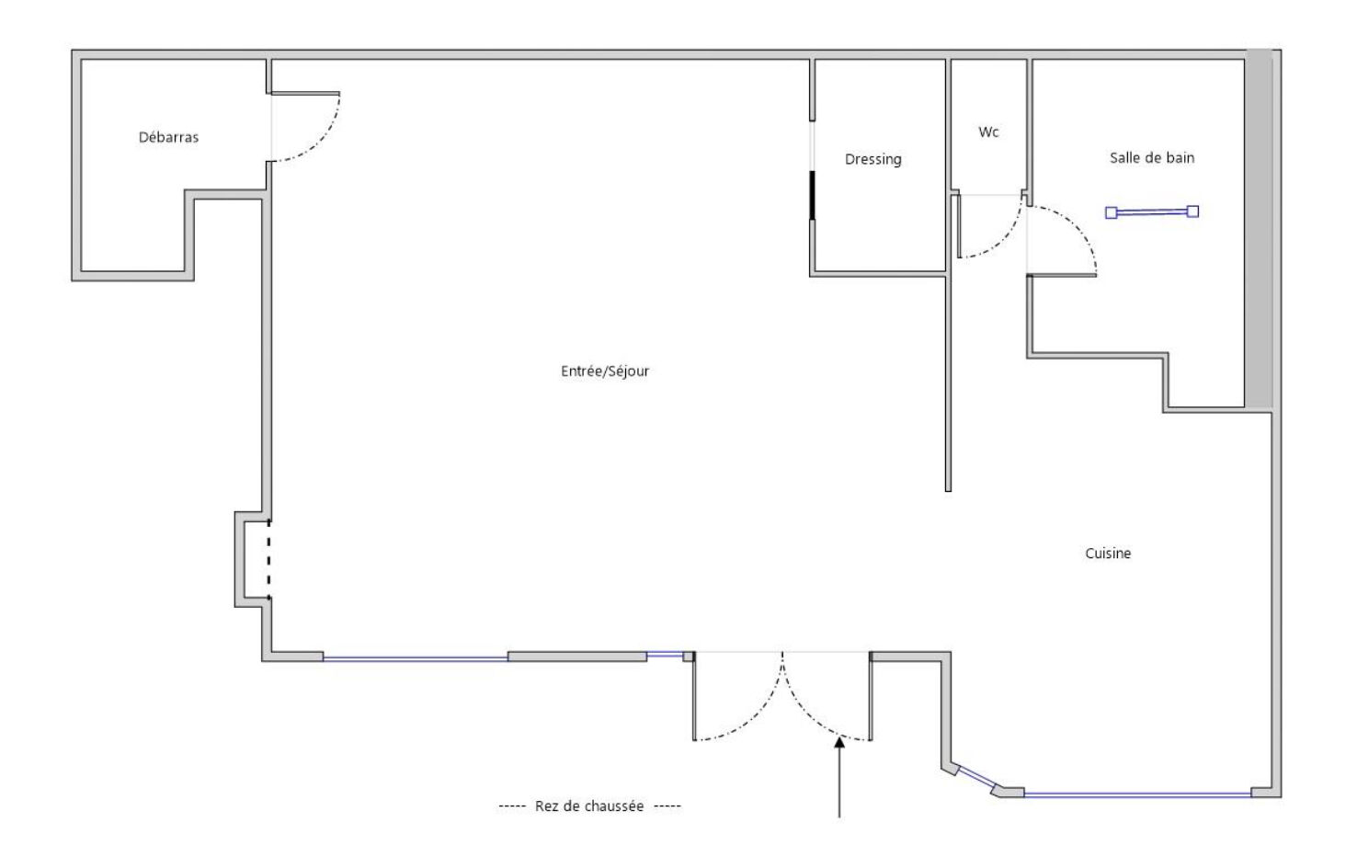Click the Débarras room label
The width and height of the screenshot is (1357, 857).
[x=168, y=138]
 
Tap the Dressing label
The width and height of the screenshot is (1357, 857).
[x=873, y=159]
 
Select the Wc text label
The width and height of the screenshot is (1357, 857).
[x=988, y=132]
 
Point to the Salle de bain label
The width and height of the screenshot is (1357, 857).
[x=1152, y=157]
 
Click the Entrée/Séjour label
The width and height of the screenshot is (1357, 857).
[x=605, y=371]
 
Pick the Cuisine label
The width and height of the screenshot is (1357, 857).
[x=1108, y=554]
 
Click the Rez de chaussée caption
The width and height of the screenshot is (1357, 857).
[x=588, y=806]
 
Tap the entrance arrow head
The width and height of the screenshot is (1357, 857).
[x=839, y=742]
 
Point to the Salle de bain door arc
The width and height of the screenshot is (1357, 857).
[x=1078, y=226]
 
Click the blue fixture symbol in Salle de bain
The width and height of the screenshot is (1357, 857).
[x=1152, y=212]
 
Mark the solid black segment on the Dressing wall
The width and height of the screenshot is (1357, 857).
[x=813, y=195]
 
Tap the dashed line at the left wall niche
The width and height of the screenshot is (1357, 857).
[x=269, y=559]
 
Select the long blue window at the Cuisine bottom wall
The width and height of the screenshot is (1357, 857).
[x=1137, y=794]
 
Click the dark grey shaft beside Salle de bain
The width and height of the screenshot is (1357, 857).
[x=1259, y=229]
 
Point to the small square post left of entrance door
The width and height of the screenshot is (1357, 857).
[x=689, y=657]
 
